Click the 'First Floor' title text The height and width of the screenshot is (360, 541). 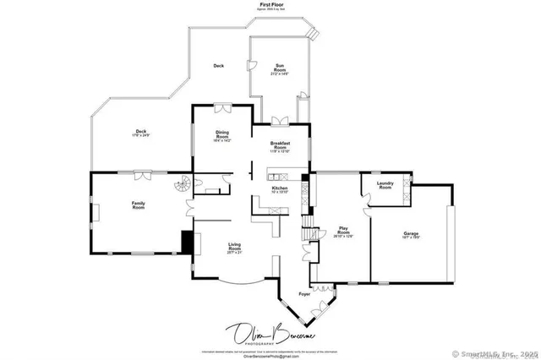point(270,4)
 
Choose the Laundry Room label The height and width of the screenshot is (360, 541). point(385,186)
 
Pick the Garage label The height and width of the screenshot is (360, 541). point(411,235)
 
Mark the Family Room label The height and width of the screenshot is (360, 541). point(138,205)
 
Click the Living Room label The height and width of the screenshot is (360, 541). point(234,248)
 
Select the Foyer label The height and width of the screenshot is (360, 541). point(304,295)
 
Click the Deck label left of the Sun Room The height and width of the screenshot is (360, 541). point(218,66)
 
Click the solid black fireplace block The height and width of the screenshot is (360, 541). point(187,242)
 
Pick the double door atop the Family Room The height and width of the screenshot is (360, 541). point(142,173)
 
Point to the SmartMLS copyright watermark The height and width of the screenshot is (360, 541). point(495,353)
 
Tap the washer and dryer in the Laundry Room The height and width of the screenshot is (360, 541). point(406,188)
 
